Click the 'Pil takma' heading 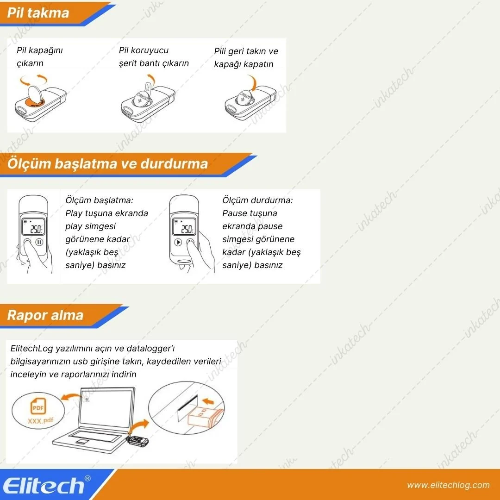tap(38, 13)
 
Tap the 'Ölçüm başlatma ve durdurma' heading tap(107, 163)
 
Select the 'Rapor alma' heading tap(45, 315)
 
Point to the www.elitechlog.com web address tap(448, 485)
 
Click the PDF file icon tap(38, 406)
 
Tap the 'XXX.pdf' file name tap(40, 420)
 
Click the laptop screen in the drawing tap(106, 408)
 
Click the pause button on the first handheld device tap(39, 242)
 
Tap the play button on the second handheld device tap(178, 242)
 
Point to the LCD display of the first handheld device tap(33, 227)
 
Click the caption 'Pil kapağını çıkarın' tap(39, 57)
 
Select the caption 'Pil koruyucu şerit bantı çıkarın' tap(154, 57)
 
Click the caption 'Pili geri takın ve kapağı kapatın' tap(246, 58)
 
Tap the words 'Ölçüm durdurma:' tap(257, 200)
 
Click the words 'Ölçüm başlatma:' tap(99, 200)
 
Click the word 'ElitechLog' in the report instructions tap(31, 349)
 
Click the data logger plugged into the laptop tap(138, 441)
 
